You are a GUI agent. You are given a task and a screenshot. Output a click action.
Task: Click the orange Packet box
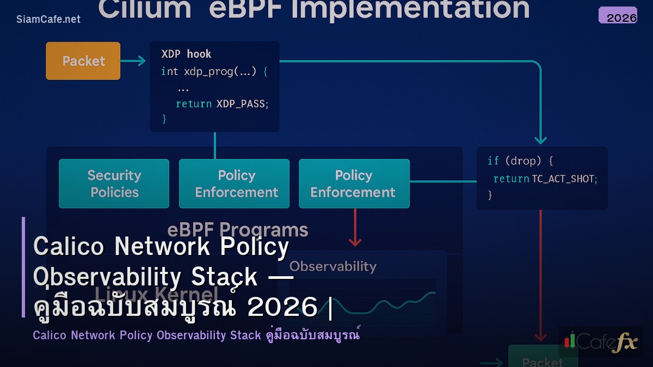coord(83,61)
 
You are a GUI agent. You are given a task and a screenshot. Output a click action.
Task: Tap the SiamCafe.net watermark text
coord(48,19)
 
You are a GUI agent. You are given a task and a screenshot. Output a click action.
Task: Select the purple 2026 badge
coord(618,16)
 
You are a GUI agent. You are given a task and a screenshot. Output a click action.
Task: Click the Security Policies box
coord(114,184)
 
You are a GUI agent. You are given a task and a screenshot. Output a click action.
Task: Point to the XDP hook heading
coord(186,54)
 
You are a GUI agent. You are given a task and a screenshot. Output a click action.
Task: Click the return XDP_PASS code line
coord(222,103)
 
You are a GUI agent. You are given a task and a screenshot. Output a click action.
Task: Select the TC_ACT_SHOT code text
coord(564,178)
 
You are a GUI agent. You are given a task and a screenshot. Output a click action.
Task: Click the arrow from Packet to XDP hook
coord(133,61)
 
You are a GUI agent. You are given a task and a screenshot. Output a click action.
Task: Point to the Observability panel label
coord(332,266)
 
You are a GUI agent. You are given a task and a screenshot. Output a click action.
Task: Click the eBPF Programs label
coord(237,229)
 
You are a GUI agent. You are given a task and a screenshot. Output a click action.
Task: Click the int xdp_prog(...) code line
coord(214,71)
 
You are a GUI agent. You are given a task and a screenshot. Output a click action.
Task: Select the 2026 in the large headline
coord(282,308)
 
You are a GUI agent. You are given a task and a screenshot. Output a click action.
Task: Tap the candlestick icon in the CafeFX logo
coord(569,341)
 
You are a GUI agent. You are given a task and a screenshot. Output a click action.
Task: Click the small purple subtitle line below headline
coord(196,335)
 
